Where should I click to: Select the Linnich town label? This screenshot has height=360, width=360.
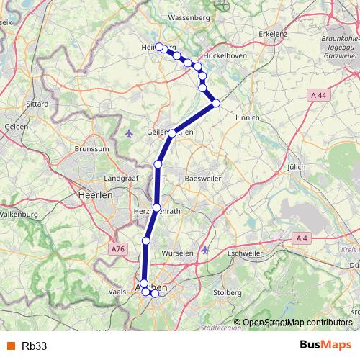[x=247, y=117]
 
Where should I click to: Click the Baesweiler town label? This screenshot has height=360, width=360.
[x=202, y=177]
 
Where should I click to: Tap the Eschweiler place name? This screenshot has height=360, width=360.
[x=246, y=253]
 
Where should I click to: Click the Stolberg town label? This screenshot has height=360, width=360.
[x=227, y=292]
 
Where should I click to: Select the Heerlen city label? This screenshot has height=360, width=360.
[x=92, y=195]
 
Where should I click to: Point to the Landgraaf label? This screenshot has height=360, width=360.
[x=120, y=177]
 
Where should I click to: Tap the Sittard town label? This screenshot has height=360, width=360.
[x=37, y=104]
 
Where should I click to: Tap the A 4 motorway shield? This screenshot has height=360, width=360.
[x=302, y=238]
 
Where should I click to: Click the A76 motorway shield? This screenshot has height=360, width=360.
[x=118, y=248]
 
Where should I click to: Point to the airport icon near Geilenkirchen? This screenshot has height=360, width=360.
[x=130, y=133]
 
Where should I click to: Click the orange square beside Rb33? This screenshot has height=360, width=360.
[x=11, y=346]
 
